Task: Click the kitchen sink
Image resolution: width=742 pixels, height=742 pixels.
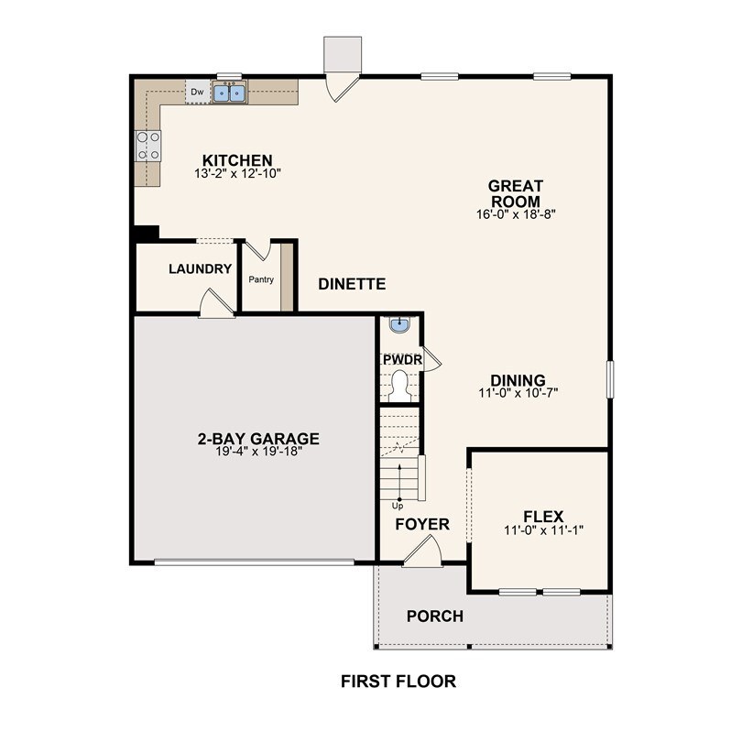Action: point(230,92)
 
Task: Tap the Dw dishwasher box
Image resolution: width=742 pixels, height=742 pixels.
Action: point(197,92)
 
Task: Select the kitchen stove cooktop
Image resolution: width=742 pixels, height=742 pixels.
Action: point(147,146)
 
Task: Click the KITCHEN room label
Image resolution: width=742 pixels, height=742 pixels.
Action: point(238,159)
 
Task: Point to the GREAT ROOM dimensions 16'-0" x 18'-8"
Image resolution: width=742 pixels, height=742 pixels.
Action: point(514,214)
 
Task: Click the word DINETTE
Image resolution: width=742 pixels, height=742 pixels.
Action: point(352,284)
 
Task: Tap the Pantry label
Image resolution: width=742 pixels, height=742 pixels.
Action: point(262,279)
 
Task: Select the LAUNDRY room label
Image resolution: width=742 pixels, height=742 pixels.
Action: point(200,268)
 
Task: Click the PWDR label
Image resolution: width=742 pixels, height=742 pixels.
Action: point(402,359)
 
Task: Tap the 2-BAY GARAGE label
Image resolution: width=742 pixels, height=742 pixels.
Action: point(258,438)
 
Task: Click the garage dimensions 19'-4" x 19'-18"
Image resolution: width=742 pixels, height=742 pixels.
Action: point(257,452)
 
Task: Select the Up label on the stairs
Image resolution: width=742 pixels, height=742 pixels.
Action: point(398,505)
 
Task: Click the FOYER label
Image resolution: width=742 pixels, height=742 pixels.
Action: point(422,524)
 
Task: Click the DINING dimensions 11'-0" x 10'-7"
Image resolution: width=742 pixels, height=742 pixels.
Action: point(518,393)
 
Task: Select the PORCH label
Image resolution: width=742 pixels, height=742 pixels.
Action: point(435,616)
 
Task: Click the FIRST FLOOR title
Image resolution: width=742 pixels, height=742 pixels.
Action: point(398,681)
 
